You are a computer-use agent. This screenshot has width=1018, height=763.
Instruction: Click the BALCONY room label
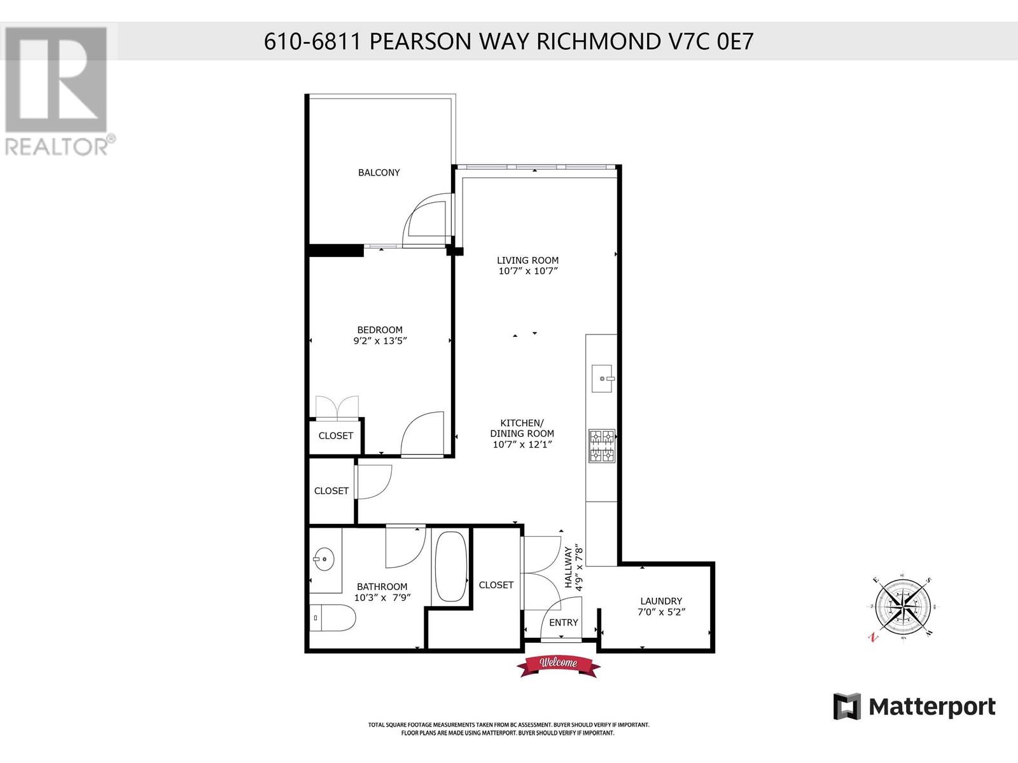(x=379, y=172)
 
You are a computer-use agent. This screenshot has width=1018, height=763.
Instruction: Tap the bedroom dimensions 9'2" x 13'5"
(x=380, y=341)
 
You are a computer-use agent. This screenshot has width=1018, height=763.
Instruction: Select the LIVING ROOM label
(x=527, y=260)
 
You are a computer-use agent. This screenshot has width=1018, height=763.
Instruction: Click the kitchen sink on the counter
(x=602, y=379)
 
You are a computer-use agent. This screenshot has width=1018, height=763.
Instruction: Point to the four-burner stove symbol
(x=601, y=446)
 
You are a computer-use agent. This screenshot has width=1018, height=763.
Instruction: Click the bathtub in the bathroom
(x=450, y=567)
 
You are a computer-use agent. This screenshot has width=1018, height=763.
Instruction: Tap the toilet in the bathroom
(x=334, y=617)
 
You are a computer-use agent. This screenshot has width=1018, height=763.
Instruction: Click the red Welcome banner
(x=559, y=664)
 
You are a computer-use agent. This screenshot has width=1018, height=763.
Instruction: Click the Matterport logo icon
(x=847, y=706)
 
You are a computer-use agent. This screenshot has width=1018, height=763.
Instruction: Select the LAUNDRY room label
(x=661, y=601)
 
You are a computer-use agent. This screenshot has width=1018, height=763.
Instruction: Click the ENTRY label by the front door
(x=564, y=622)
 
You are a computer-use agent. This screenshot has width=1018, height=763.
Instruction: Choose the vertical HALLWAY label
(x=569, y=567)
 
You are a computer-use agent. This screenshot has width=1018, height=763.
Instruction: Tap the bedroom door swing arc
(x=421, y=432)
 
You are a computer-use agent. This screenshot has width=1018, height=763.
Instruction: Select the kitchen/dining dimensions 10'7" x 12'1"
(x=522, y=444)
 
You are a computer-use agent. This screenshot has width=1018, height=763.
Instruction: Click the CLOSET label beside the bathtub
(x=496, y=585)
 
